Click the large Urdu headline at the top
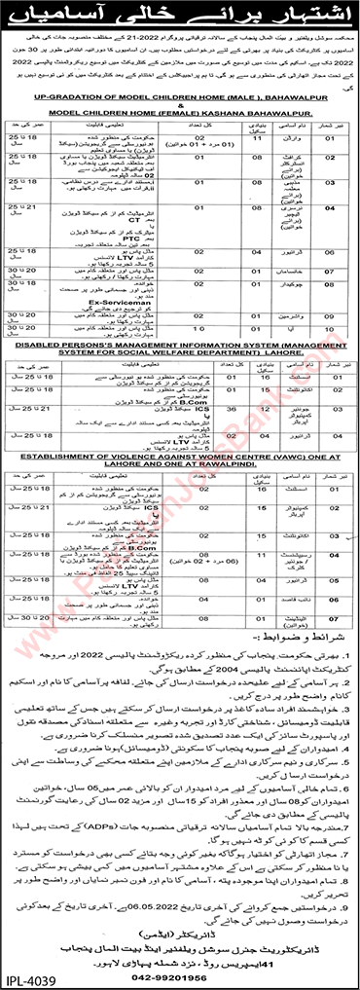point(181,18)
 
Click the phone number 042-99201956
point(180,973)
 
